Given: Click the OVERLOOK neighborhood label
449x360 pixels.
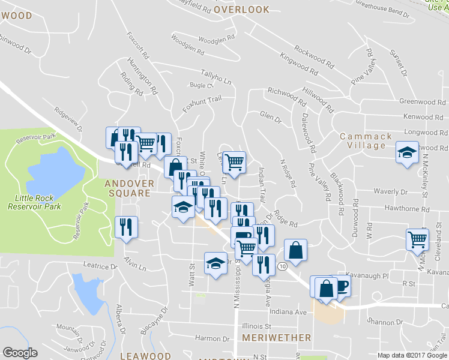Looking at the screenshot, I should coord(241,10).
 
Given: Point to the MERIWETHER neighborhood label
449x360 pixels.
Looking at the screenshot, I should coord(277,338).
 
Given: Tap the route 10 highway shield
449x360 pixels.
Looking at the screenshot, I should coord(282,265).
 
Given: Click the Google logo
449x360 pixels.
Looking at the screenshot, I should coord(20,353).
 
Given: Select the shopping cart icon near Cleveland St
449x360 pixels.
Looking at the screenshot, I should coord(417,239).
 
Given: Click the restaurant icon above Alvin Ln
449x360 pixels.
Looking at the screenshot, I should coord(126,227).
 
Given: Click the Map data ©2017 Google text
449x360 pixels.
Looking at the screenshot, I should coord(412,355).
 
